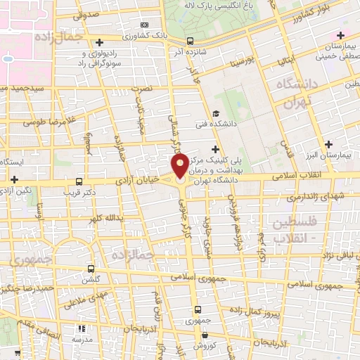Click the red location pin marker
pos(179,167)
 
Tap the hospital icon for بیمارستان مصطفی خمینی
pos(340,35)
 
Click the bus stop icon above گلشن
pos(91,268)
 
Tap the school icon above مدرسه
pos(82,328)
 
